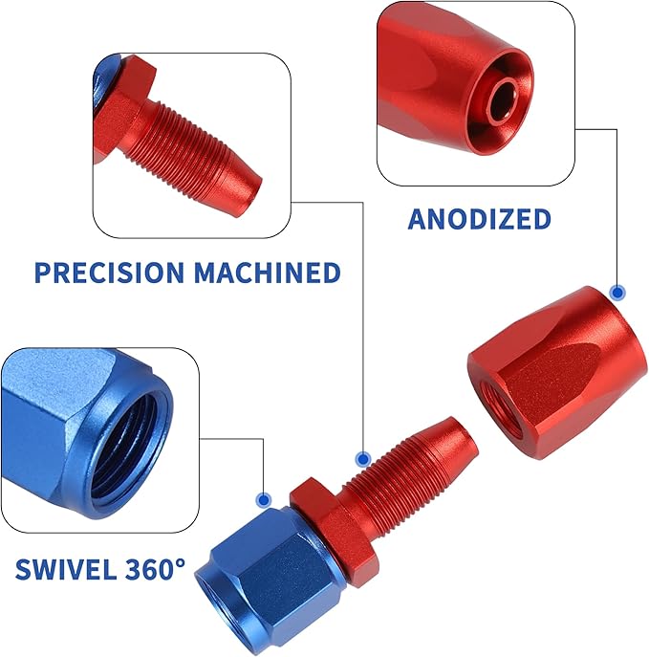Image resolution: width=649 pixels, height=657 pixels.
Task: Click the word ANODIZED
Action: [479, 219]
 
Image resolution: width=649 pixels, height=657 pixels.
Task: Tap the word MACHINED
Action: [267, 273]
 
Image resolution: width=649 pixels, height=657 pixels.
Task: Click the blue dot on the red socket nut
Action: [618, 292]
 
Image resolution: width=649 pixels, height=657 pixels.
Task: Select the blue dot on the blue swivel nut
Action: [265, 499]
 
